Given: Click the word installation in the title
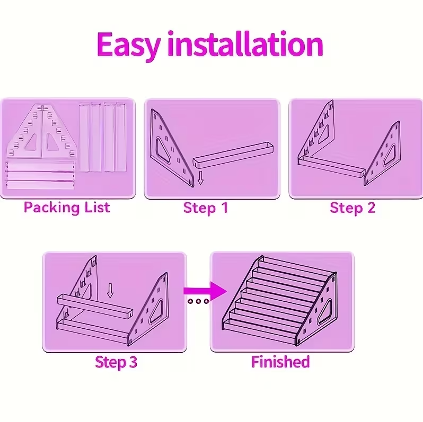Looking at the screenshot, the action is click(245, 43).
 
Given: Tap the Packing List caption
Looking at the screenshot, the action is click(67, 208).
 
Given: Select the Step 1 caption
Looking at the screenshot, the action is click(206, 208).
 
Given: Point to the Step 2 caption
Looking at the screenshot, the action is click(352, 208).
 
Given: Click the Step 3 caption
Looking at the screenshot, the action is click(116, 362).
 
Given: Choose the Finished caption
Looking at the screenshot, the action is click(280, 362).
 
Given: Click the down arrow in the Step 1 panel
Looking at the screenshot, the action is click(200, 178).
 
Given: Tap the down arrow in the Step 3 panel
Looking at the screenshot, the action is click(110, 290).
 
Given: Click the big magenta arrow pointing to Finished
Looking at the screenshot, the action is click(205, 291).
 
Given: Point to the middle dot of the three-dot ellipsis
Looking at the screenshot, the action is click(198, 301).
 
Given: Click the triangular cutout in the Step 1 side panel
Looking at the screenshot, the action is click(163, 149).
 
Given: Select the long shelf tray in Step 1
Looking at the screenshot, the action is click(233, 155).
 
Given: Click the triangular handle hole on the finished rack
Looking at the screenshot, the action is click(325, 312).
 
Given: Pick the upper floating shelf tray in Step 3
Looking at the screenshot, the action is click(95, 307).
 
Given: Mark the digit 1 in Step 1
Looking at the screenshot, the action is click(225, 208).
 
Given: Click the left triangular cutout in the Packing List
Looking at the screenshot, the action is click(32, 142).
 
